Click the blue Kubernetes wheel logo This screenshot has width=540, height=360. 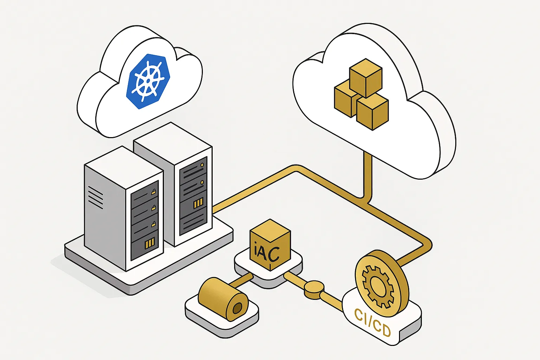(148, 81)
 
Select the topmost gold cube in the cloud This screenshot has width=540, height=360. (365, 77)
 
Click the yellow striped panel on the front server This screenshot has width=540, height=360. (150, 243)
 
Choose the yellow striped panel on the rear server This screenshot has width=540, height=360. (198, 203)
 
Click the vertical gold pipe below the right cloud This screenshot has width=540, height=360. (367, 176)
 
